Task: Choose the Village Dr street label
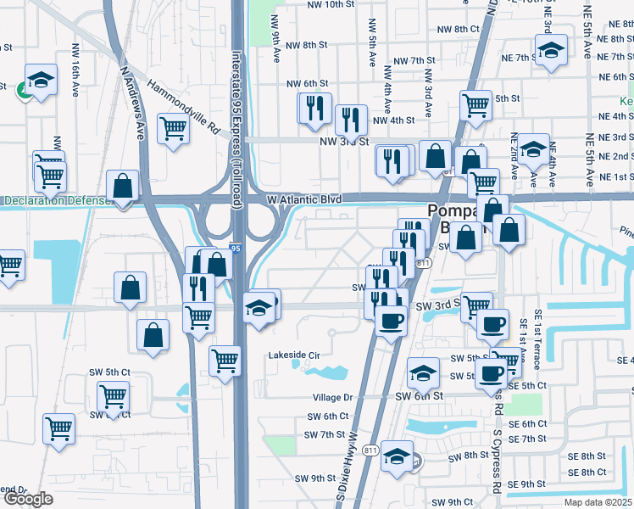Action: point(332,397)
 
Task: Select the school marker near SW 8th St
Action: point(397,456)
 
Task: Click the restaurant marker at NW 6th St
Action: point(313,107)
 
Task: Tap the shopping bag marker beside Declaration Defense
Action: point(123,186)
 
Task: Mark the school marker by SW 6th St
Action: point(423,371)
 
